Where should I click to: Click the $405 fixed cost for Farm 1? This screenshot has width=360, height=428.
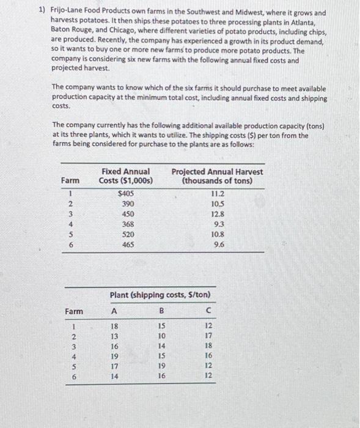click(x=125, y=193)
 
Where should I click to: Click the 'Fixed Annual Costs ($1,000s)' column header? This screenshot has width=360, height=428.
click(x=125, y=176)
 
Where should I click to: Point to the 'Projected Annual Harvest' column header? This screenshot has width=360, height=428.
click(x=218, y=176)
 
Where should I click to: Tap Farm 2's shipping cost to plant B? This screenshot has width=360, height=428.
click(x=161, y=336)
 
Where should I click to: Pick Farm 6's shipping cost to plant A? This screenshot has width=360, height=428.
click(x=113, y=377)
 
